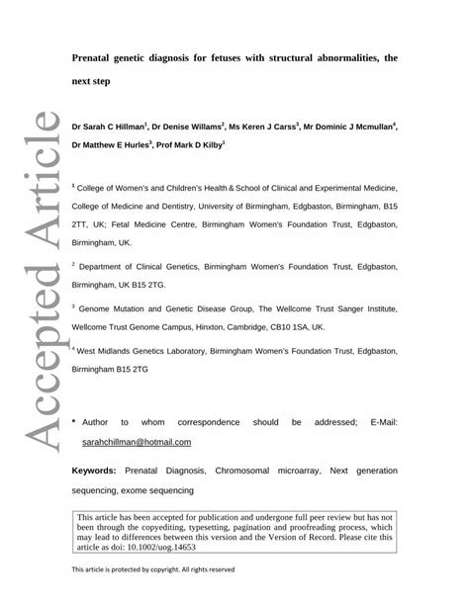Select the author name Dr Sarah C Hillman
pyautogui.click(x=107, y=127)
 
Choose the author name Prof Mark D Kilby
pyautogui.click(x=191, y=144)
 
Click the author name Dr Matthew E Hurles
pyautogui.click(x=109, y=144)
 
